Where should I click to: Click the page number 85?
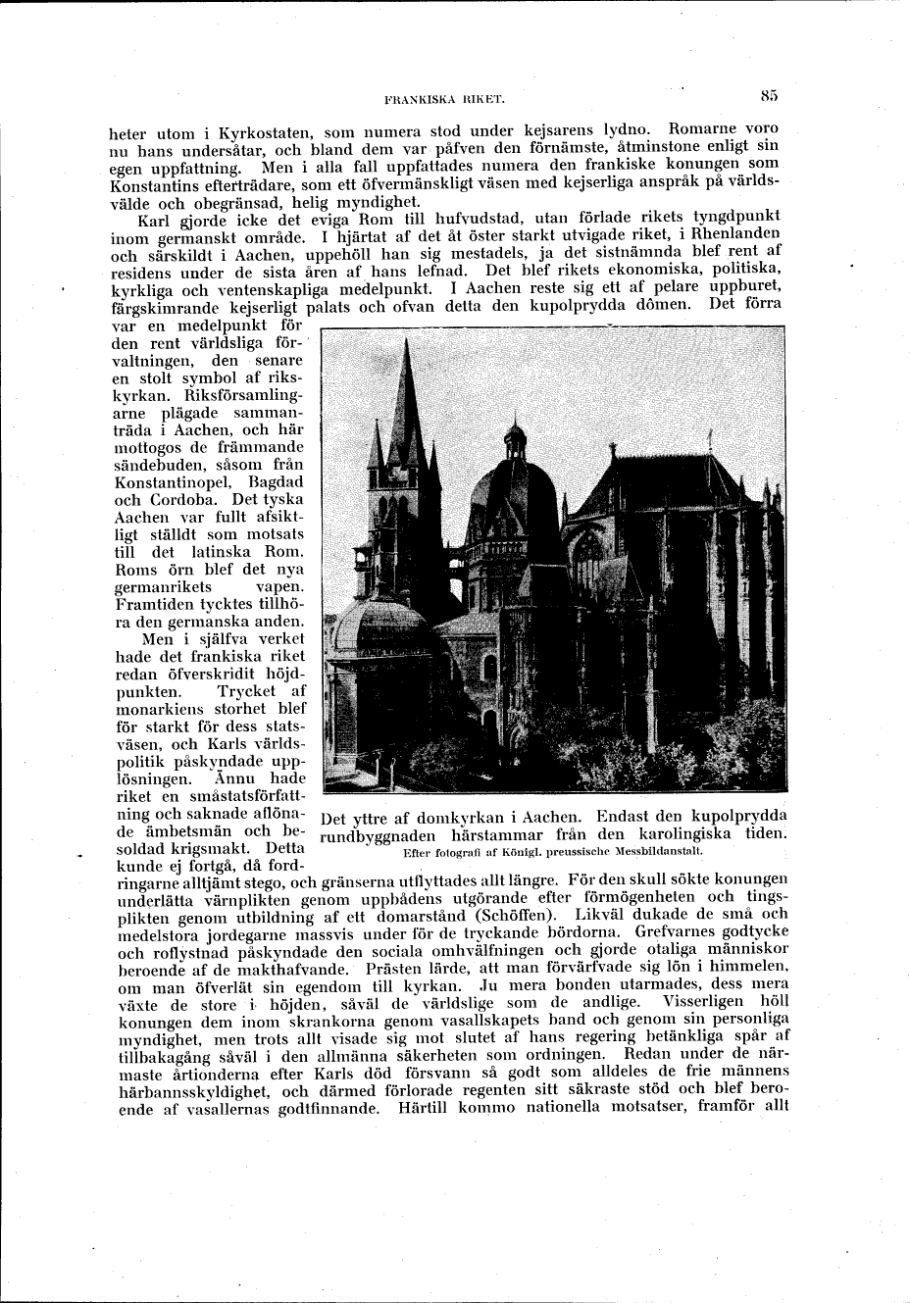click(768, 95)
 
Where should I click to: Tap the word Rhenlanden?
click(727, 235)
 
